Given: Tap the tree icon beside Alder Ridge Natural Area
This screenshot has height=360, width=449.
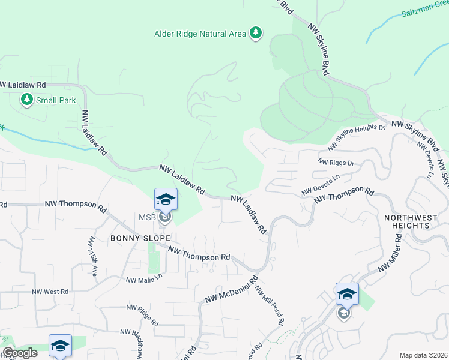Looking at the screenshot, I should click(256, 32).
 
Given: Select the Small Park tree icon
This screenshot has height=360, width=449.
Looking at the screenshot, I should click(26, 100).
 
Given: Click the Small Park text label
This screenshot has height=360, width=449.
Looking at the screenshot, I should click(56, 100).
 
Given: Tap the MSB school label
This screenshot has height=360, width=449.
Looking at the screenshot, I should click(148, 217).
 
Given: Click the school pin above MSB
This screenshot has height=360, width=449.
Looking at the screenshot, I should click(166, 199).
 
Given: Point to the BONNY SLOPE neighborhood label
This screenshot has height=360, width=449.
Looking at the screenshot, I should click(136, 238).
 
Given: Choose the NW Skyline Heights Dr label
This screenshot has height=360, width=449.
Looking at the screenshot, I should click(355, 138).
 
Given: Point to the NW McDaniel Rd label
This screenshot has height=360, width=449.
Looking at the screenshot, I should click(231, 290).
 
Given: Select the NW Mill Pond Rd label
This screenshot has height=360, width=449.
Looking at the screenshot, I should click(268, 305).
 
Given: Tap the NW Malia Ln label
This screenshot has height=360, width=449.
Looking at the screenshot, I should click(144, 279).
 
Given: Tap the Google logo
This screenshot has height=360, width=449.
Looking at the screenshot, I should click(20, 353).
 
